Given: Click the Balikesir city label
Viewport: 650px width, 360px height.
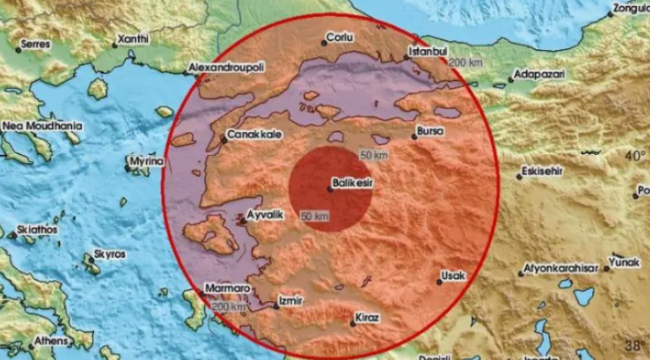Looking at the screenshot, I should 357,182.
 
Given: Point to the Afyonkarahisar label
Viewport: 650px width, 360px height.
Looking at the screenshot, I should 561,269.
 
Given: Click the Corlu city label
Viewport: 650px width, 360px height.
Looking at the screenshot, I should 342,39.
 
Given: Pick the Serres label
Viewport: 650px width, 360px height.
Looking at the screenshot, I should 36,45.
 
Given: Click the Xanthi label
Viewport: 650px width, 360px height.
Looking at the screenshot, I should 132,39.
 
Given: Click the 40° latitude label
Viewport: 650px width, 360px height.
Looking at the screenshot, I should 635,156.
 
